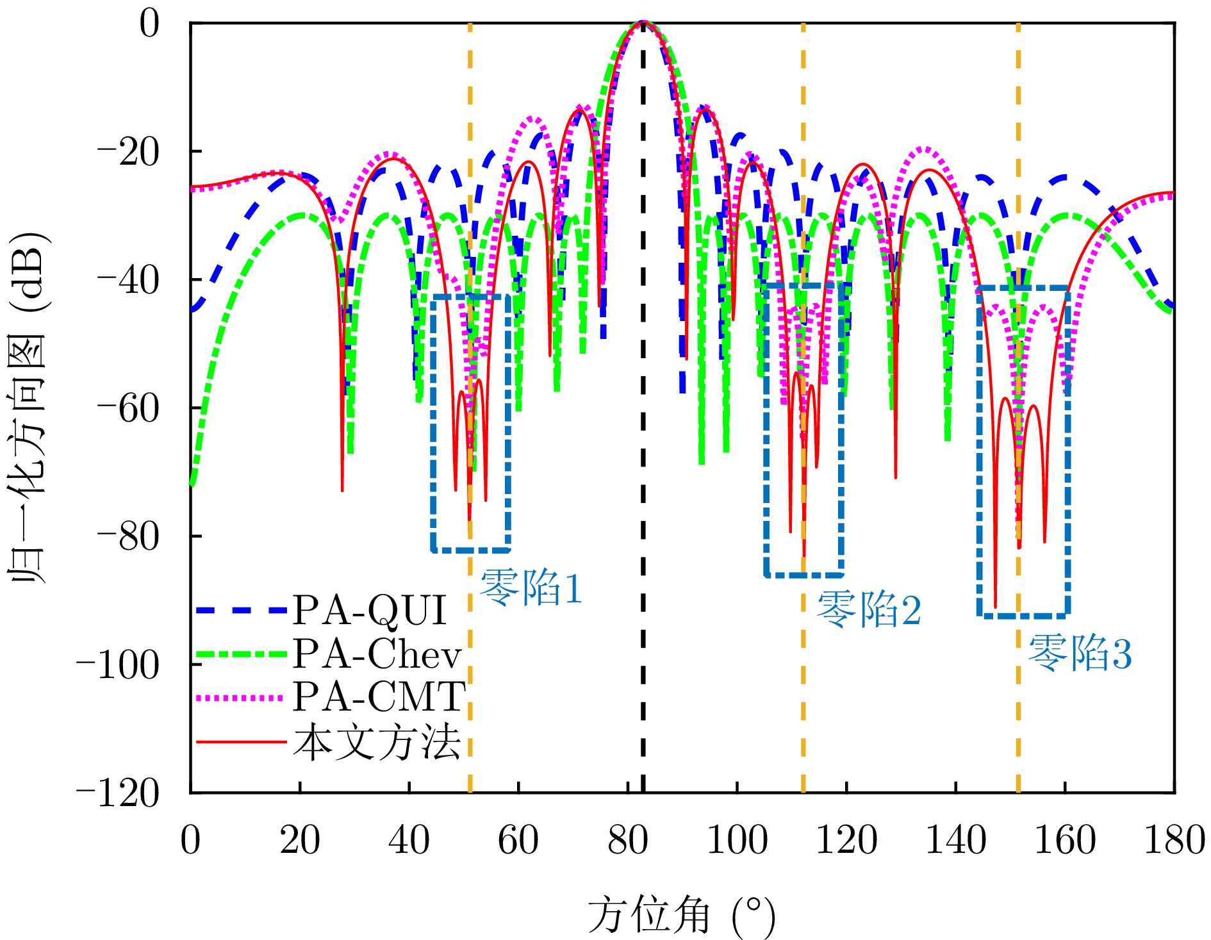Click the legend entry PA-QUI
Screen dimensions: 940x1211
[370, 609]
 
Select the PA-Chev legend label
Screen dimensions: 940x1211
[377, 654]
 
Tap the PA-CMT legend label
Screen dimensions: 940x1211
[379, 697]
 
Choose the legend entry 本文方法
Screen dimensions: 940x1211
[377, 742]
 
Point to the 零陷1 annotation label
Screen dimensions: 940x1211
[531, 588]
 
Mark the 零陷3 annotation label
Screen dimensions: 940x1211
[1080, 653]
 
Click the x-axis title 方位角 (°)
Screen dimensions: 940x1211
[681, 915]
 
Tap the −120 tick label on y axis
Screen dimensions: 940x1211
[117, 794]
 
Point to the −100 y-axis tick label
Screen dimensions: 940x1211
[117, 665]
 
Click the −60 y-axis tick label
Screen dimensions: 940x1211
[128, 408]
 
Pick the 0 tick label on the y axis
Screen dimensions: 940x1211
[149, 24]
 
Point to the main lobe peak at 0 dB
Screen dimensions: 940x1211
[643, 22]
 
